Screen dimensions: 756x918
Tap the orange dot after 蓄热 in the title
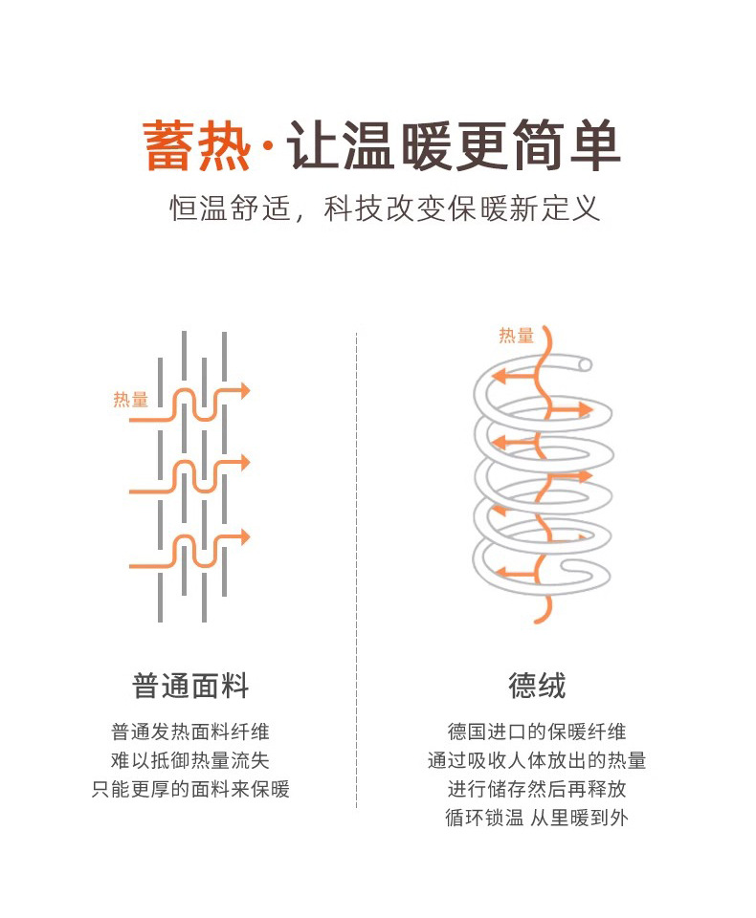click(x=266, y=148)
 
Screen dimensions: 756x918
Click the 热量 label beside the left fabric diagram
click(x=130, y=400)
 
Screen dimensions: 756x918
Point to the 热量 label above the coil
click(x=516, y=336)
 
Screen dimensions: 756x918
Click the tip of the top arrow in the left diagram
click(x=248, y=390)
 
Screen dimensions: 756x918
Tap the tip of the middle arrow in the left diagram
click(x=248, y=462)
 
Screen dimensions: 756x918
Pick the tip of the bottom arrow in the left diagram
click(x=248, y=537)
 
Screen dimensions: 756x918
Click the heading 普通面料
click(x=190, y=686)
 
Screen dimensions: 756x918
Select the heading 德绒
click(x=538, y=686)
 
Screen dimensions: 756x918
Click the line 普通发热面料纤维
click(x=190, y=732)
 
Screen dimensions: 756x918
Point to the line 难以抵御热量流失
click(x=190, y=761)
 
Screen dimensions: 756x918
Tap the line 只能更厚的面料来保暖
click(x=190, y=790)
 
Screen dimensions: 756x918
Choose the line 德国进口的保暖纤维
click(x=537, y=732)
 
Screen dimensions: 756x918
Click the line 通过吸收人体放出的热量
click(x=537, y=761)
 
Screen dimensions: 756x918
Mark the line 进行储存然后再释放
click(x=537, y=790)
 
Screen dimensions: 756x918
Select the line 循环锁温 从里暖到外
click(x=537, y=819)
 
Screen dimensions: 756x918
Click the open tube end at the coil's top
click(x=585, y=363)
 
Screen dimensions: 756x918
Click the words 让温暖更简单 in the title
click(x=456, y=146)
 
